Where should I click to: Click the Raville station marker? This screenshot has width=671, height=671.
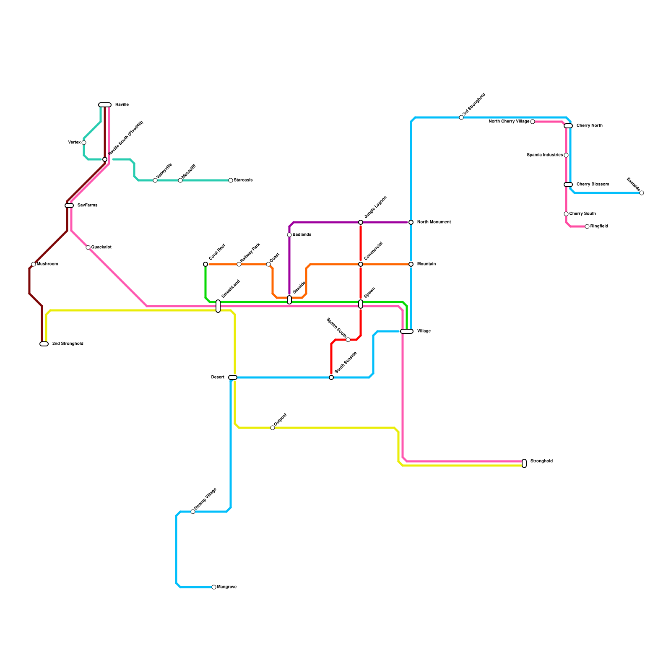click(105, 105)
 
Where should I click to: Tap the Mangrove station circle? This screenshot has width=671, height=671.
click(214, 587)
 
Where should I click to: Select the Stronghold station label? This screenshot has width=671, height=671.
click(541, 461)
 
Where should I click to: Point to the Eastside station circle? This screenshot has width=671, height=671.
click(642, 193)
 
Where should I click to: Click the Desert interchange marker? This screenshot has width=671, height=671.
click(233, 377)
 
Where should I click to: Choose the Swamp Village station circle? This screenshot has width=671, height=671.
click(193, 512)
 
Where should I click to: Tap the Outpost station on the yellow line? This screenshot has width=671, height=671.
click(273, 428)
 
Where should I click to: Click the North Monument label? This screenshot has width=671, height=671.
click(434, 222)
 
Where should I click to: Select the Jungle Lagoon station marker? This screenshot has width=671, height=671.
click(361, 222)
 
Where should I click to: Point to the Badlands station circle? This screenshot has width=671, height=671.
click(289, 235)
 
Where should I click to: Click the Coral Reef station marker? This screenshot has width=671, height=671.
click(205, 264)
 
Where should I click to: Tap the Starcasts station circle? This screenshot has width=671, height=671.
click(231, 180)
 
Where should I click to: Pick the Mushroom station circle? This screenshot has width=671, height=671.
click(34, 264)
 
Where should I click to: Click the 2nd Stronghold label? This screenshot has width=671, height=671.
click(68, 344)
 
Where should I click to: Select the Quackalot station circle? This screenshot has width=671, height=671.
click(88, 247)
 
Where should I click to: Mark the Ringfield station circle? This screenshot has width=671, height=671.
click(587, 226)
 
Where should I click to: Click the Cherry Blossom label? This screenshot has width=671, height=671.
click(593, 185)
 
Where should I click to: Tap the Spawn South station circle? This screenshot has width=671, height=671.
click(348, 340)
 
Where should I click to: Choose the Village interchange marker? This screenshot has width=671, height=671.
click(407, 331)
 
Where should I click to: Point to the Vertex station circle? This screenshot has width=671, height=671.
click(84, 143)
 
